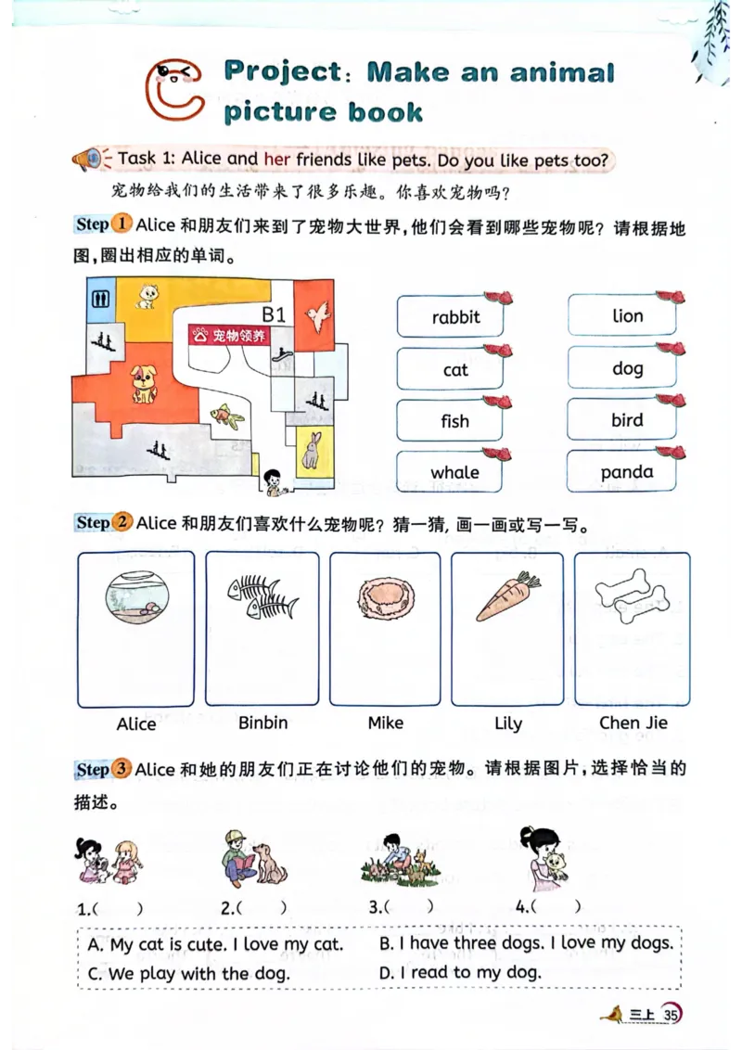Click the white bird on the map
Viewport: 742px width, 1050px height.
pos(318,314)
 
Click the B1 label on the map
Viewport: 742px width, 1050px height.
pos(275,314)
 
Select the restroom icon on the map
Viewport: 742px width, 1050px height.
pos(101,298)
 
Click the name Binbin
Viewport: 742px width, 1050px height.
pos(262,723)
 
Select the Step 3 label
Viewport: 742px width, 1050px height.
pos(102,769)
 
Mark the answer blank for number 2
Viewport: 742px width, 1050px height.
pos(260,908)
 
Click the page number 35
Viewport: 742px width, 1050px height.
pos(672,1015)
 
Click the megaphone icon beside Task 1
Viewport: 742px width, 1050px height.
pos(89,160)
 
